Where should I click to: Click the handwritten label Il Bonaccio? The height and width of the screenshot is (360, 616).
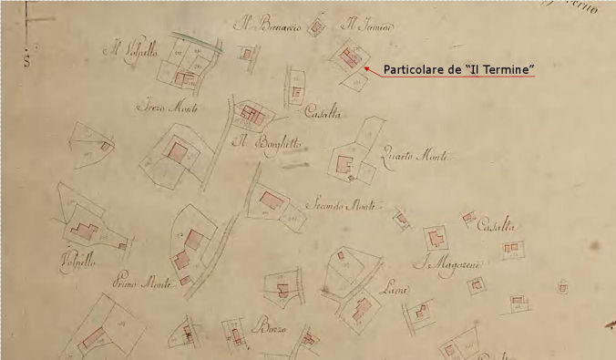(x=267, y=25)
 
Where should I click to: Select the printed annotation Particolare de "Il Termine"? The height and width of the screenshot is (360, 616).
(x=457, y=69)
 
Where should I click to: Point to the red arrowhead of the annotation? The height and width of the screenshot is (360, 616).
(x=365, y=67)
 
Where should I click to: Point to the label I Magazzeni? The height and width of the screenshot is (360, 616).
(x=451, y=265)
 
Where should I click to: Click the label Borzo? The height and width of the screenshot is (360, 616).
(x=272, y=329)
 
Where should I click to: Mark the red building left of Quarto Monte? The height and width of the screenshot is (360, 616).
(x=344, y=165)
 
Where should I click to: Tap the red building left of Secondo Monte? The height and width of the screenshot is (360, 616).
(x=271, y=200)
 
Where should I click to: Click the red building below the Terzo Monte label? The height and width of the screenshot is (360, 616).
(x=176, y=150)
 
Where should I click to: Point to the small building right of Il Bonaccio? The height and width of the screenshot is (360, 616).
(x=316, y=27)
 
